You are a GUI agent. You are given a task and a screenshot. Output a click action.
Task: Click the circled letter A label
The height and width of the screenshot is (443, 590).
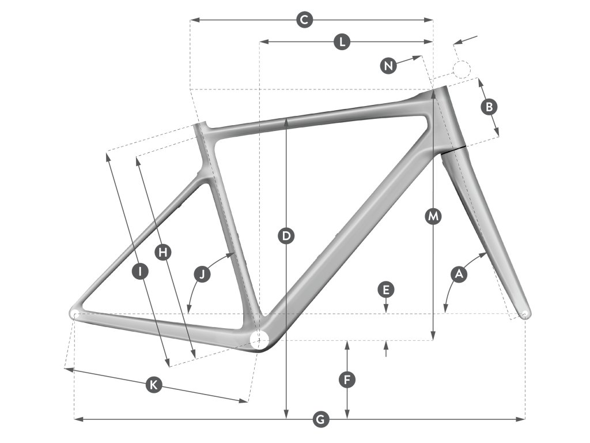(x=459, y=275)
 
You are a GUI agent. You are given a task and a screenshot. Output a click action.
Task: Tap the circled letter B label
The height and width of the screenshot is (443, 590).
(x=489, y=107)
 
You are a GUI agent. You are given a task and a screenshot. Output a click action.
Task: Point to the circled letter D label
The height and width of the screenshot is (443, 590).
(x=286, y=235)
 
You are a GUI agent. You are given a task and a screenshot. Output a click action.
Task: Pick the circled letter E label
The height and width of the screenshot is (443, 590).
(x=386, y=288)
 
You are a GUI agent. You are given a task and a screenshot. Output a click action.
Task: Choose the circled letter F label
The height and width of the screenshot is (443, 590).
(x=346, y=380)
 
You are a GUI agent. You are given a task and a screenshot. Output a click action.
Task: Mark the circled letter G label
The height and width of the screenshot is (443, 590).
(x=321, y=419)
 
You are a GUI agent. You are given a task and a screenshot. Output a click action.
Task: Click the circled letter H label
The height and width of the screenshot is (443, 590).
(x=164, y=252)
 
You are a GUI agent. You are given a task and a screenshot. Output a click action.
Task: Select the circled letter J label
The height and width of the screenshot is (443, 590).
(x=202, y=274)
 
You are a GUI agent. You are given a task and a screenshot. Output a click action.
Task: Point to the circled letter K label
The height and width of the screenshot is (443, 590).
(x=153, y=385)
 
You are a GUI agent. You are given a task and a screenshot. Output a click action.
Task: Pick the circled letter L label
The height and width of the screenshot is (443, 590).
(x=342, y=42)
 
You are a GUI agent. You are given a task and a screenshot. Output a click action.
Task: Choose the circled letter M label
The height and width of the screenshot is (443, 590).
(x=433, y=217)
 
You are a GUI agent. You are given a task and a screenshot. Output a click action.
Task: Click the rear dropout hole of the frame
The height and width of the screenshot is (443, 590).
(x=74, y=313)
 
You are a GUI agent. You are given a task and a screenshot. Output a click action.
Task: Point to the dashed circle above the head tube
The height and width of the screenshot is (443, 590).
(x=462, y=70)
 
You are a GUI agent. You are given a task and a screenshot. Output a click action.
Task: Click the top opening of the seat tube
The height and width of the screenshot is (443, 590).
(x=201, y=125)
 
